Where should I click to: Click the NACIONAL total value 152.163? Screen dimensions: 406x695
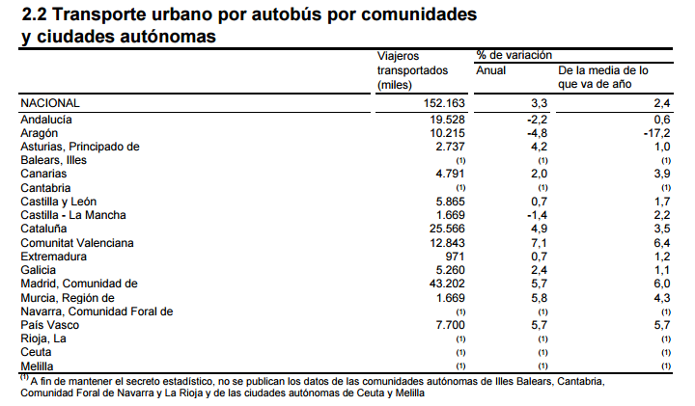(x=444, y=102)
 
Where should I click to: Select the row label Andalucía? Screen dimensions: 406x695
(x=48, y=119)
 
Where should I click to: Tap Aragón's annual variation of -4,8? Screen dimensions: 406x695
(x=537, y=132)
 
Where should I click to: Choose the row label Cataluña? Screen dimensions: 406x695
(x=46, y=229)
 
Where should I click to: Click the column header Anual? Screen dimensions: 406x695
(x=492, y=71)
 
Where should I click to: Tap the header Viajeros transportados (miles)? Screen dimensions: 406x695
(x=413, y=71)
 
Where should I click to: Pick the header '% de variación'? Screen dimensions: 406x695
(x=514, y=56)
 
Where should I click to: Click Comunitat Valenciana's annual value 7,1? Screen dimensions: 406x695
(x=540, y=242)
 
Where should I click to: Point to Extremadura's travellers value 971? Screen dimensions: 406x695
(x=457, y=257)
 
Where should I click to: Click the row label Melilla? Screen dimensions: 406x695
(x=40, y=366)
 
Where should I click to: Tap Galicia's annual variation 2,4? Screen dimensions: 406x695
(x=540, y=270)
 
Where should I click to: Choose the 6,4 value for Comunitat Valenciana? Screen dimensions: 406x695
(x=661, y=242)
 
